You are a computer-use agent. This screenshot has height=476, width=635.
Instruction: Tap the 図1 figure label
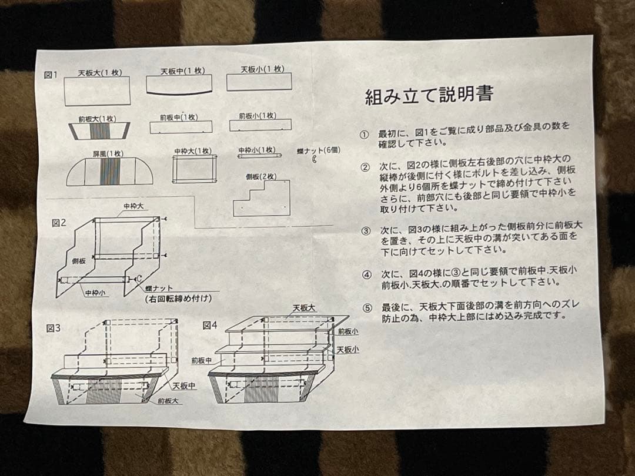(x=52, y=75)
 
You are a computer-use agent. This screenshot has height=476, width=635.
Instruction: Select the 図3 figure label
(x=53, y=328)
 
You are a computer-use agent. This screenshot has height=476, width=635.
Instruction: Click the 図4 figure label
(x=210, y=325)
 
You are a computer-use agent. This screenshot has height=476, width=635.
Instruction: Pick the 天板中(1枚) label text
(x=183, y=71)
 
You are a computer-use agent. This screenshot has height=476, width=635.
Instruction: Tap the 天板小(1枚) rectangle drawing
(x=259, y=82)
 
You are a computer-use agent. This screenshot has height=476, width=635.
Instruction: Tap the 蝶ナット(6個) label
(x=318, y=150)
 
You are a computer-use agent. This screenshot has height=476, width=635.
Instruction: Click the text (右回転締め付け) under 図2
(x=179, y=299)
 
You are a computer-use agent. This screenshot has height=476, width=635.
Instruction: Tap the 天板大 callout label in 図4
(x=304, y=308)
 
